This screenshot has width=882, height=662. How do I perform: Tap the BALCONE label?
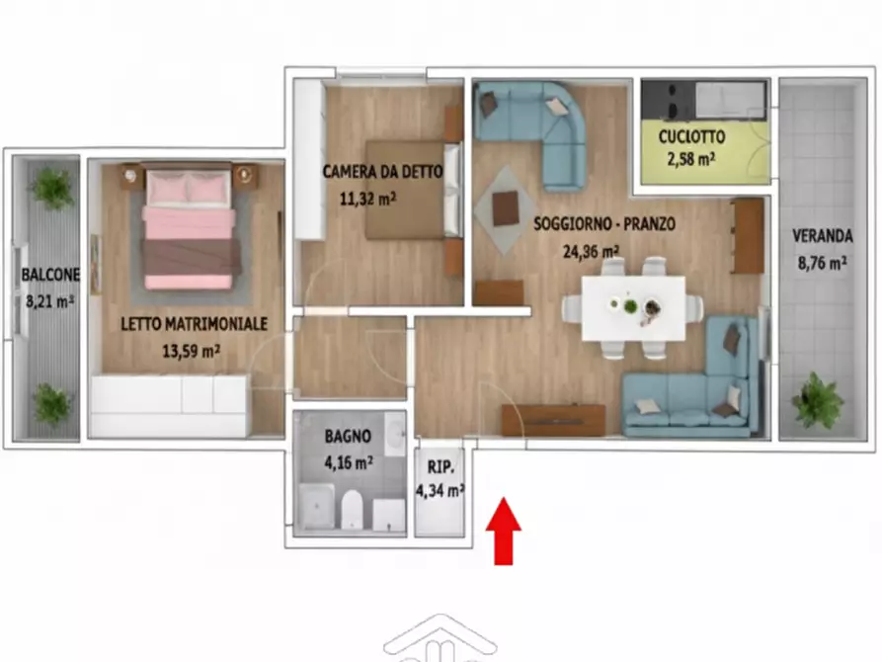(46, 277)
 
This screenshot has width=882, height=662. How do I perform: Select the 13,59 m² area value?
(191, 349)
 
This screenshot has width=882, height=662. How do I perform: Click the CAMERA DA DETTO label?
(382, 172)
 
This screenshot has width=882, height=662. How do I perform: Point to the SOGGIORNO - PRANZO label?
(604, 224)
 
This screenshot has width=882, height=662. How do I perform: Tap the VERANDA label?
(822, 237)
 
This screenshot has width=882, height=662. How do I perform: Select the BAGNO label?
(348, 435)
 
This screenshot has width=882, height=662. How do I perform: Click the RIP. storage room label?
(440, 467)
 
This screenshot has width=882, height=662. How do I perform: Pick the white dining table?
(633, 307)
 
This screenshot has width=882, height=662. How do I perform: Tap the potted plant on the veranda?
(818, 400)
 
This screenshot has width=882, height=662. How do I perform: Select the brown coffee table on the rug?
(506, 207)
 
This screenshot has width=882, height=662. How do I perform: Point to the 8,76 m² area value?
(822, 263)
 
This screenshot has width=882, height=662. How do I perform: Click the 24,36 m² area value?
(591, 250)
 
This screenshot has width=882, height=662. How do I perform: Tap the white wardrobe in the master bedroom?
(169, 406)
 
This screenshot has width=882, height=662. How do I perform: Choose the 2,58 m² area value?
(692, 159)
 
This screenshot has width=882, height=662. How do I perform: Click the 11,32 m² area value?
(367, 198)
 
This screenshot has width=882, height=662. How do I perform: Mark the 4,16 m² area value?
(349, 460)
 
